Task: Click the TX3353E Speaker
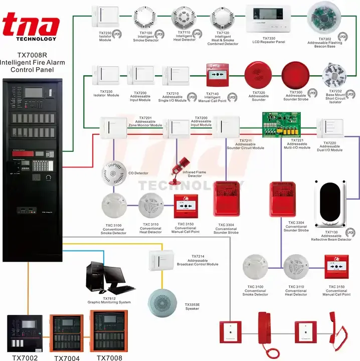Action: (x=163, y=300)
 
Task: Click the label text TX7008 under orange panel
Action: (x=109, y=357)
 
